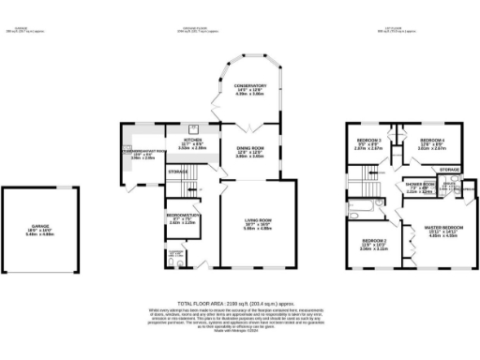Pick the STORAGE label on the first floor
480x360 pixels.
click(449, 169)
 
